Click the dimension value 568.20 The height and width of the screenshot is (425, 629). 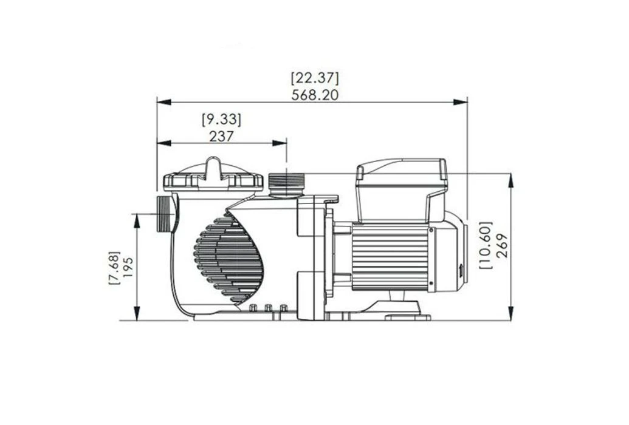[x=314, y=94]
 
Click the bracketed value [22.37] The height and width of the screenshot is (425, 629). [x=314, y=78]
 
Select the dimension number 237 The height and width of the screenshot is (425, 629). [x=221, y=136]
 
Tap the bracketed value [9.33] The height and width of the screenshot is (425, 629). [x=221, y=119]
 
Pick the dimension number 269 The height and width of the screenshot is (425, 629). [x=501, y=246]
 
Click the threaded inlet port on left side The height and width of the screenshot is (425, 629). [x=166, y=214]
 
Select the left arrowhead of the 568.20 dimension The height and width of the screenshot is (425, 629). [x=160, y=102]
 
